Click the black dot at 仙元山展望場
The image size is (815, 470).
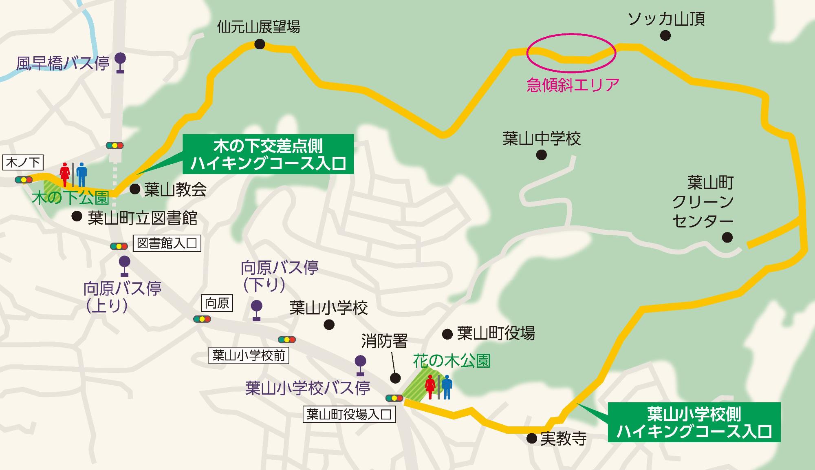[x=260, y=44]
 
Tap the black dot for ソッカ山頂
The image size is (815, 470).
[x=665, y=36]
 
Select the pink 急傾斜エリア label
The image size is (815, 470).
[x=573, y=85]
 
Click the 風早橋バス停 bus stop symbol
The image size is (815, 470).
[x=120, y=62]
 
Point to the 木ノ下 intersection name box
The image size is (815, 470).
[x=24, y=163]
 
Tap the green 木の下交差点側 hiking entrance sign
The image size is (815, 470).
[x=268, y=154]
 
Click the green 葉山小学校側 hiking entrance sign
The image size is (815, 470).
[x=694, y=422]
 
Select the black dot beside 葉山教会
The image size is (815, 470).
[x=135, y=189]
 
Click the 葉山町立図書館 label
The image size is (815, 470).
[x=142, y=218]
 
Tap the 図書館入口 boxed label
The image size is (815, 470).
[x=167, y=243]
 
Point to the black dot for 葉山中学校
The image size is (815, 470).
[x=541, y=155]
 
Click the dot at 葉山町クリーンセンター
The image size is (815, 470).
[x=727, y=237]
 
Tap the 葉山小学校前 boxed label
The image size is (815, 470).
[x=249, y=356]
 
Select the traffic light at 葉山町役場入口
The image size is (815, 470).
[x=394, y=398]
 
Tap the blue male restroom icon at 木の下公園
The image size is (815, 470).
[x=82, y=174]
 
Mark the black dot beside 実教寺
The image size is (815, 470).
[x=531, y=438]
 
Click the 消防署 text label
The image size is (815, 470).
[x=384, y=341]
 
